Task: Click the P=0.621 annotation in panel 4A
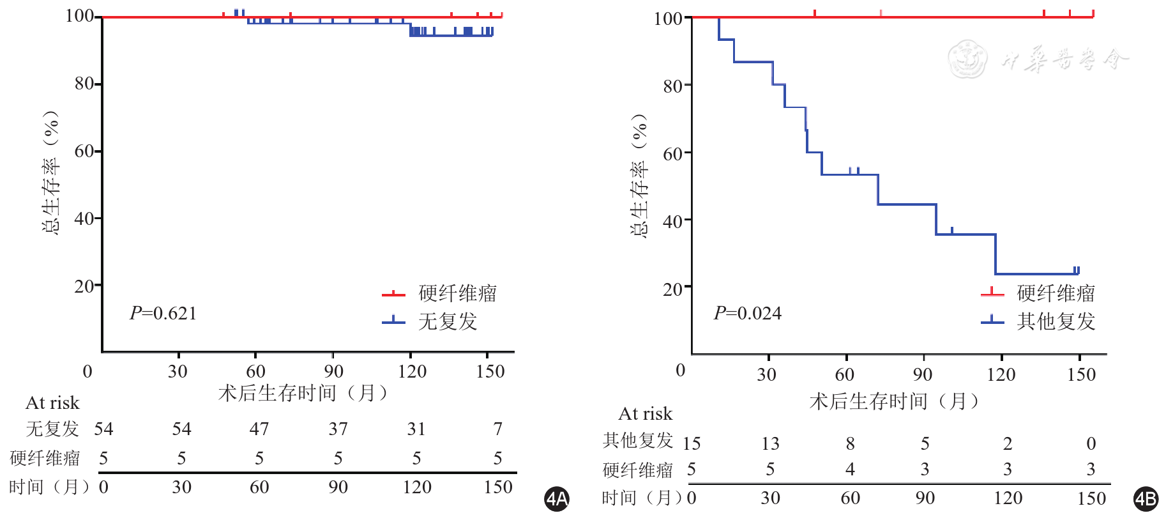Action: tap(163, 313)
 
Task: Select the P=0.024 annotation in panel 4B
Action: tap(747, 313)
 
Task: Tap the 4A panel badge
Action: tap(557, 499)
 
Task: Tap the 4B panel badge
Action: tap(1146, 499)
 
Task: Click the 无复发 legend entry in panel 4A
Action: tap(447, 321)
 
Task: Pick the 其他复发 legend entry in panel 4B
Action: tap(1056, 321)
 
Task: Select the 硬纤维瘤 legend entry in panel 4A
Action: tap(457, 293)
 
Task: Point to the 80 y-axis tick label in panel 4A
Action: tap(84, 83)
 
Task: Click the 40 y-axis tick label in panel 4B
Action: tap(673, 221)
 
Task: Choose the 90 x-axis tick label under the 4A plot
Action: tap(333, 371)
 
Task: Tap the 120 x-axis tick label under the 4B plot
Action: tap(1001, 374)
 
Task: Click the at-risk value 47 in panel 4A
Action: tap(259, 429)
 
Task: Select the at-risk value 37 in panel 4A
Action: tap(338, 429)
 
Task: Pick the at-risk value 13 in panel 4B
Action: tap(770, 443)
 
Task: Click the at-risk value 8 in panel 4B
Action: tap(850, 443)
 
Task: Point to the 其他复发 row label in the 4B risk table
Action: tap(637, 440)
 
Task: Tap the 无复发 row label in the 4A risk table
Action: tap(52, 429)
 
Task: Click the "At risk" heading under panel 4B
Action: tap(645, 414)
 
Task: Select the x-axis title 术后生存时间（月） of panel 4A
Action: tap(303, 392)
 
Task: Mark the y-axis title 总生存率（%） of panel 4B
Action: tap(639, 176)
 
